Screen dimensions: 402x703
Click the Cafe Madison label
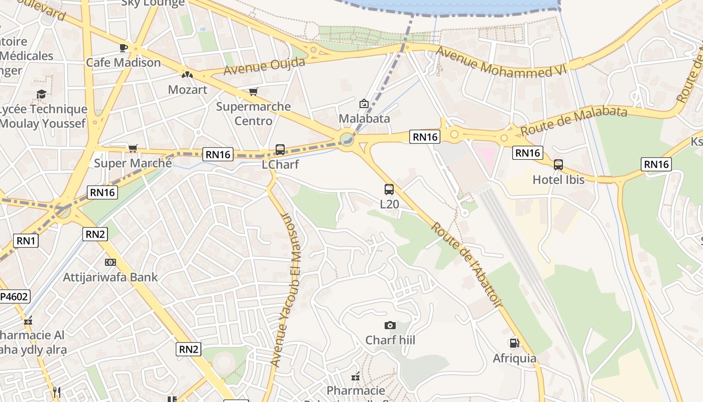click(123, 63)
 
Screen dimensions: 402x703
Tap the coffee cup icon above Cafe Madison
click(123, 48)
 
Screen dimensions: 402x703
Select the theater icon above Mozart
click(187, 75)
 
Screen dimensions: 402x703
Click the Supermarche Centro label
click(254, 114)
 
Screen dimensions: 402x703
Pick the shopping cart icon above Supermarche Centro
click(254, 91)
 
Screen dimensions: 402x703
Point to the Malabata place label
click(364, 119)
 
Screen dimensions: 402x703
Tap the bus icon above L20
click(389, 189)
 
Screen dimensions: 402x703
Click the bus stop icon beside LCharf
click(280, 150)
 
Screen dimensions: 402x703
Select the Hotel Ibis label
click(558, 179)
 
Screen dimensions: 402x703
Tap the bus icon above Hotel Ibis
click(558, 164)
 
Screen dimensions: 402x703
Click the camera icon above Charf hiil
click(390, 326)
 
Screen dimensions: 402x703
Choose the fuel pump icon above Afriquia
click(514, 343)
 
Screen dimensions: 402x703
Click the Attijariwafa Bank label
click(110, 277)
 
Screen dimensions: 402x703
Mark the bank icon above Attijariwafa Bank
click(110, 262)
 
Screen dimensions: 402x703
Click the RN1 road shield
click(27, 241)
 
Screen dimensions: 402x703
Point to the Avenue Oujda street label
click(264, 66)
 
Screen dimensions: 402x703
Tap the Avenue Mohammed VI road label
click(501, 63)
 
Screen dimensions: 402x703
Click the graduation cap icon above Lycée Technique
click(42, 94)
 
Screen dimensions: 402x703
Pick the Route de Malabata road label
click(573, 121)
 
